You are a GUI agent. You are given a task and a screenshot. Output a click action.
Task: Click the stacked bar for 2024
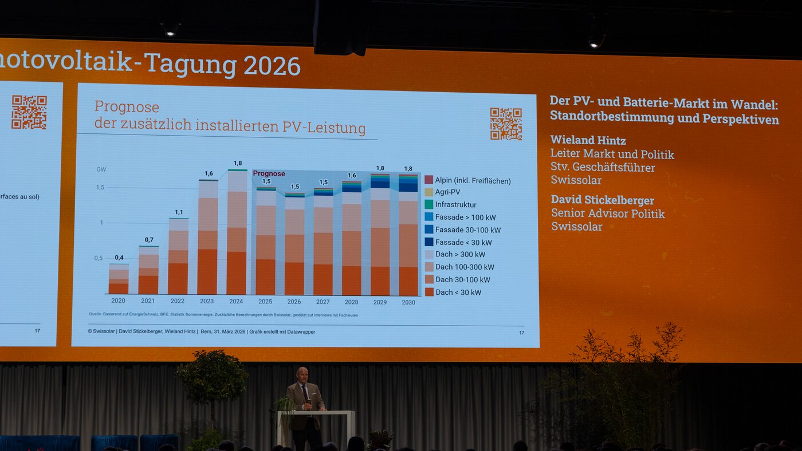(x=237, y=232)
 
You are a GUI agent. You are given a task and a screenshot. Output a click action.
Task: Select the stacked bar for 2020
(x=119, y=279)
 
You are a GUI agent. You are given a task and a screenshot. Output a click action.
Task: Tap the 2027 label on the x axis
(x=323, y=302)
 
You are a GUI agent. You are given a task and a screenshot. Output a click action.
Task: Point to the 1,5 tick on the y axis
(x=100, y=187)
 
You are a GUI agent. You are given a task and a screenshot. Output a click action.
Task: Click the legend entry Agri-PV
(x=447, y=192)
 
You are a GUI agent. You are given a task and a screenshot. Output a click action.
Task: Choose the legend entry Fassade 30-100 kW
(x=467, y=230)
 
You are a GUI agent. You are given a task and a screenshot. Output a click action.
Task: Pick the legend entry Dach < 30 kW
(x=458, y=292)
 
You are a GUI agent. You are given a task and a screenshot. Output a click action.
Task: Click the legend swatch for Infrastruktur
(x=428, y=204)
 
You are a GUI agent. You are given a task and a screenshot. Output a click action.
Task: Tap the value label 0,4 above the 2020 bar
(x=119, y=258)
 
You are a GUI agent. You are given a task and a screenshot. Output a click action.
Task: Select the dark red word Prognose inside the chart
(x=269, y=173)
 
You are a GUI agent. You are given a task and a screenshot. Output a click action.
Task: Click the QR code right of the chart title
(x=506, y=124)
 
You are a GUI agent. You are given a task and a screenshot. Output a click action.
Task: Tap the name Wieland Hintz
(x=588, y=140)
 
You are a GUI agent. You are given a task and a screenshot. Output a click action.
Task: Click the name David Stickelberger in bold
(x=602, y=200)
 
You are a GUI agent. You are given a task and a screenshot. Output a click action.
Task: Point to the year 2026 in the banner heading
(x=272, y=66)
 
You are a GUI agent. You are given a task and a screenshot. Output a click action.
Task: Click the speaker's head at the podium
(x=302, y=375)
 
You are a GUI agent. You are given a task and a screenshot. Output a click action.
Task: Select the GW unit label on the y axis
(x=101, y=169)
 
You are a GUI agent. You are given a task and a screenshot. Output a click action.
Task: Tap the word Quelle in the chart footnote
(x=95, y=314)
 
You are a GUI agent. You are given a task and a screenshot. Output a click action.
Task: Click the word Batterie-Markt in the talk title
(x=674, y=104)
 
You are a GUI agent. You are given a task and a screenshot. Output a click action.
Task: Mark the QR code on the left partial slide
(x=29, y=112)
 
